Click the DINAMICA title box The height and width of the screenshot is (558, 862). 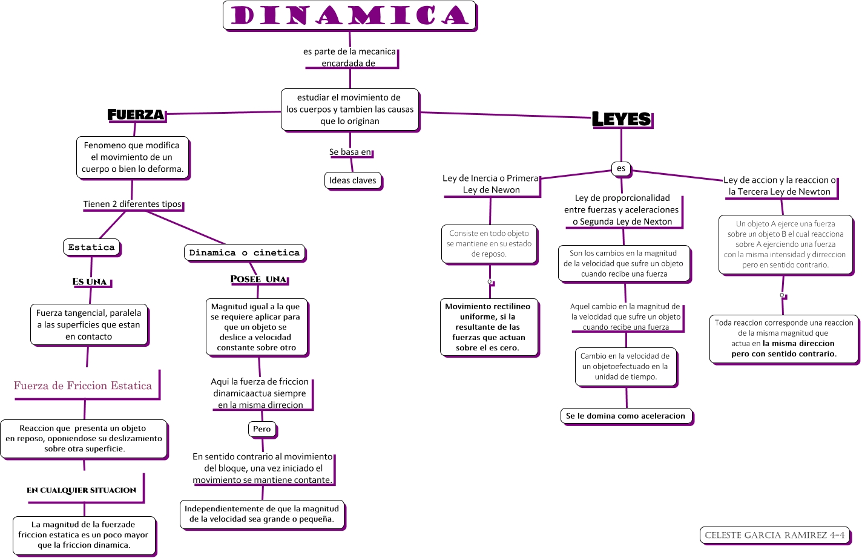[350, 16]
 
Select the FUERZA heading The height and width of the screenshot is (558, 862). [136, 114]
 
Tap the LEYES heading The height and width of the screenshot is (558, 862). [622, 119]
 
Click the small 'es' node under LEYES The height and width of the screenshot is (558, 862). [621, 168]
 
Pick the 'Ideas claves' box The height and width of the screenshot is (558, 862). [353, 180]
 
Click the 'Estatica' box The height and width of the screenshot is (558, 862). [91, 247]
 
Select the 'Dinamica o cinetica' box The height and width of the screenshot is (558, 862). [245, 252]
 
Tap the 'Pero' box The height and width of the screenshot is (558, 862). [262, 429]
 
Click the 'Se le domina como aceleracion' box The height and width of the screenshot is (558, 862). [626, 416]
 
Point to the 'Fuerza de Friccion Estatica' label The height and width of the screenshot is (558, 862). [83, 386]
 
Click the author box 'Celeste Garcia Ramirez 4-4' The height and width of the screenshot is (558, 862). [775, 535]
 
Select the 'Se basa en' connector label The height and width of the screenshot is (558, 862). [350, 152]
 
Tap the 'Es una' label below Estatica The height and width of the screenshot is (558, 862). [90, 281]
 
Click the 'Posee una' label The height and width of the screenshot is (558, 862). [258, 279]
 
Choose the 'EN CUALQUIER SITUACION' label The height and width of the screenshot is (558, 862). [82, 490]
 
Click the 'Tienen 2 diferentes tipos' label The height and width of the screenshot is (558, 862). [133, 204]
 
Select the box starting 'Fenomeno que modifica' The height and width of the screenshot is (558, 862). [133, 157]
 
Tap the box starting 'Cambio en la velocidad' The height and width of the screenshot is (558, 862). [625, 366]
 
